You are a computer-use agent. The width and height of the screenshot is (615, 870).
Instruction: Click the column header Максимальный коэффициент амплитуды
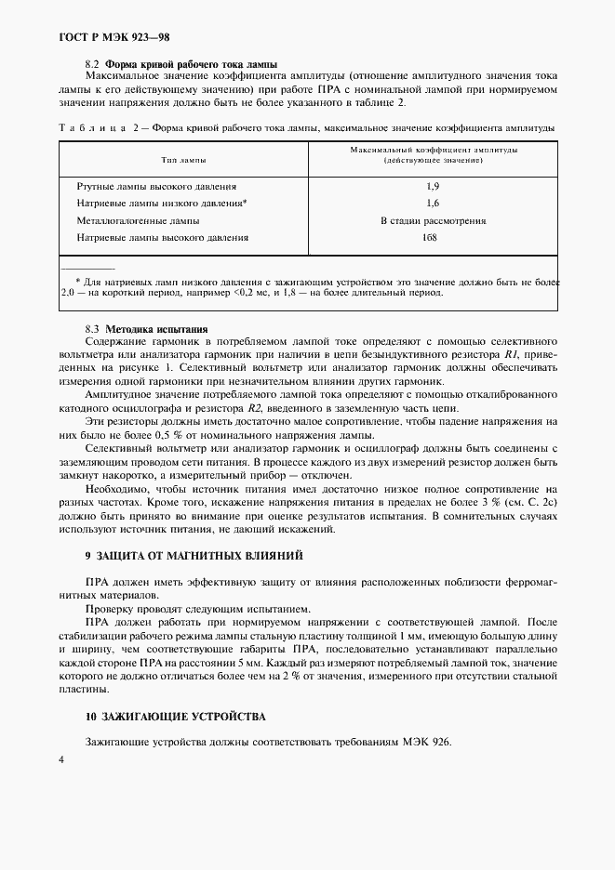pyautogui.click(x=434, y=150)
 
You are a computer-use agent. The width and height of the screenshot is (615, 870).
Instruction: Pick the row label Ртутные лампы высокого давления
pyautogui.click(x=156, y=187)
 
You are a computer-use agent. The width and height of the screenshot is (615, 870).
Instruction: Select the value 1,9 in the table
pyautogui.click(x=433, y=187)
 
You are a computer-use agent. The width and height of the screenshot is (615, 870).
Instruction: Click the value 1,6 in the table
pyautogui.click(x=433, y=203)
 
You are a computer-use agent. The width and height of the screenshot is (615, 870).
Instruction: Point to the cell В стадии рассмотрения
pyautogui.click(x=433, y=220)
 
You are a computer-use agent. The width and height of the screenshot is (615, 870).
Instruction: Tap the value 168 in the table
pyautogui.click(x=430, y=238)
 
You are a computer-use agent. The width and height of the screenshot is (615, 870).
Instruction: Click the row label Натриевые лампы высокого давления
pyautogui.click(x=162, y=238)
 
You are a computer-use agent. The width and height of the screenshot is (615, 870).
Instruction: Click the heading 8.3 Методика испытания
pyautogui.click(x=147, y=329)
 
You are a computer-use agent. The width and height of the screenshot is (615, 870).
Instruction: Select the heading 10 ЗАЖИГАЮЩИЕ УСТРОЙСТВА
pyautogui.click(x=174, y=717)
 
